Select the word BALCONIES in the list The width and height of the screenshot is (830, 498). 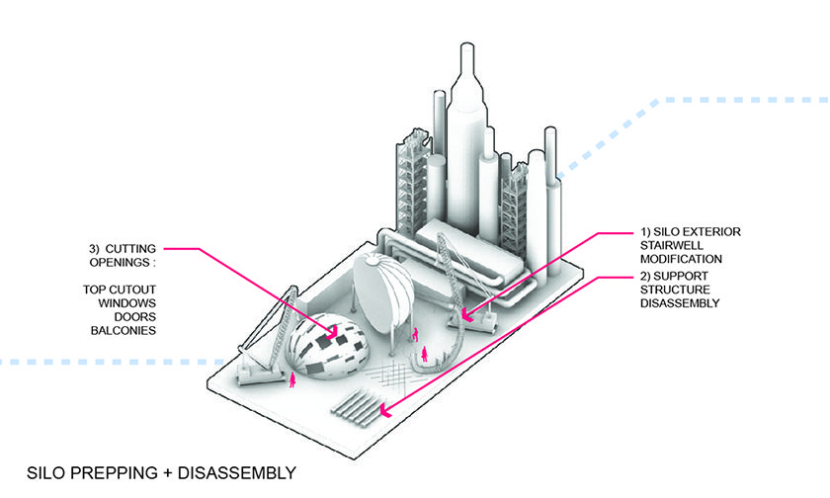(120, 330)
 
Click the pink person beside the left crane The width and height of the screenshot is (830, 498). (293, 380)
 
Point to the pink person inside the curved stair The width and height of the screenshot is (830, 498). (425, 354)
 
